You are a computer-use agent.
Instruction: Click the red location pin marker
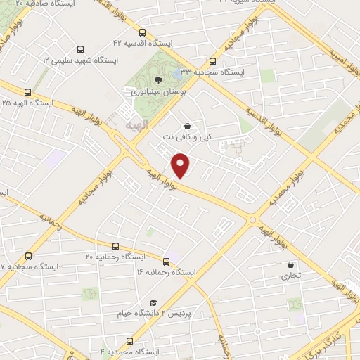(x=181, y=165)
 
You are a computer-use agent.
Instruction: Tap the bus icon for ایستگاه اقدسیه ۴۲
(x=143, y=32)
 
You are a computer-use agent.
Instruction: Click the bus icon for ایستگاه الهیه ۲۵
(x=28, y=92)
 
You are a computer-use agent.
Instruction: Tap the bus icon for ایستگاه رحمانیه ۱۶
(x=166, y=260)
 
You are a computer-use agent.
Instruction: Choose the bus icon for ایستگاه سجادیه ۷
(x=29, y=256)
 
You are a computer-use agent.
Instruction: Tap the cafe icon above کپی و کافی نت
(x=186, y=126)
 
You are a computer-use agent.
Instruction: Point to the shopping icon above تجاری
(x=290, y=265)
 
